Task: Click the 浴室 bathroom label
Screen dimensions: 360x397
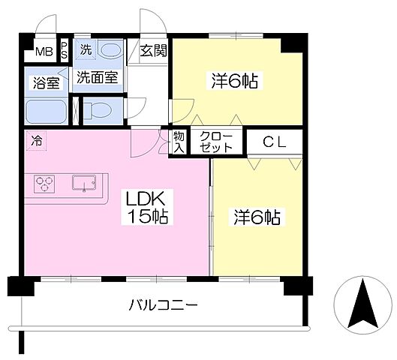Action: click(45, 82)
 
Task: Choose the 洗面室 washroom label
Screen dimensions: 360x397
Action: click(97, 77)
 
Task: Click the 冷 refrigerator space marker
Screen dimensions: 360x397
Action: click(37, 139)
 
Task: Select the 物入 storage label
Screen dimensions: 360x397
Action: click(179, 142)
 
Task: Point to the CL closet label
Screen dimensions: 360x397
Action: click(274, 141)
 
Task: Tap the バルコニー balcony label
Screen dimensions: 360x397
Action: click(162, 305)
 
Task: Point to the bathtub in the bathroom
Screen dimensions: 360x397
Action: click(46, 112)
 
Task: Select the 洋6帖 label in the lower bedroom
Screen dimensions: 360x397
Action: click(257, 217)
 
